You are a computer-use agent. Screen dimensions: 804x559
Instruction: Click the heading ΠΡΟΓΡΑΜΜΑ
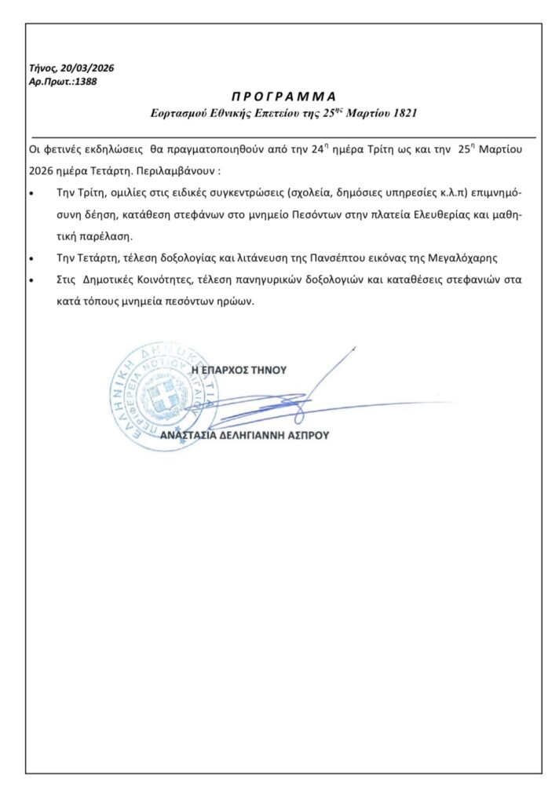(x=283, y=97)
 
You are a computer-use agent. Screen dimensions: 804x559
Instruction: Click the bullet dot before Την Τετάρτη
(x=31, y=258)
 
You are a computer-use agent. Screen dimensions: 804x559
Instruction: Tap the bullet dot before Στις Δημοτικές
(x=31, y=280)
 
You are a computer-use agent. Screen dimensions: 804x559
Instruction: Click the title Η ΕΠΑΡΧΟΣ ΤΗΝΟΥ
(x=239, y=369)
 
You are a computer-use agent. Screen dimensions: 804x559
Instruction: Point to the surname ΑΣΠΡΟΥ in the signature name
(x=309, y=434)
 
